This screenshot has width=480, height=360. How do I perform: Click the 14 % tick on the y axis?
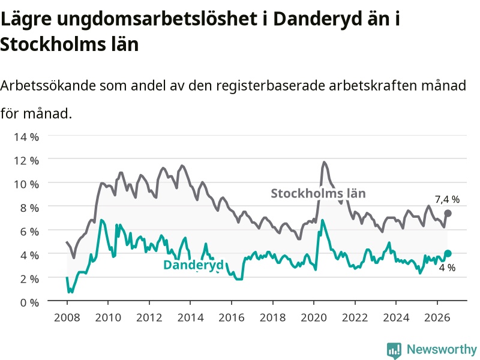(x=26, y=137)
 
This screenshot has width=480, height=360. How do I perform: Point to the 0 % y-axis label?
(x=29, y=303)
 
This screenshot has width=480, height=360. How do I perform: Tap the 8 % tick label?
(x=29, y=208)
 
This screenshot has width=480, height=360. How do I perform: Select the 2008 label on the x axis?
(x=67, y=317)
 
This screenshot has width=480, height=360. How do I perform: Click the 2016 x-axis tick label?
(x=232, y=317)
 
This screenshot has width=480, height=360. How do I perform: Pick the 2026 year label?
(x=437, y=317)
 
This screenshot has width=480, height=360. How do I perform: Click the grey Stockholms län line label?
(x=319, y=193)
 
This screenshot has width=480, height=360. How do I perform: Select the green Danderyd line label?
(x=194, y=265)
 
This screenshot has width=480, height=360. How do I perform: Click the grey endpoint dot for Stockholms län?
(x=448, y=214)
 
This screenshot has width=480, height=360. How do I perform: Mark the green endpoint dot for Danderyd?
(x=448, y=253)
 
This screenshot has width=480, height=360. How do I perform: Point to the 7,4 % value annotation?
(x=447, y=200)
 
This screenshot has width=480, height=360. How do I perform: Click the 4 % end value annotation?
(x=447, y=268)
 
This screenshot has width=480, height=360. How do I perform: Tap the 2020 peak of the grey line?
(x=324, y=162)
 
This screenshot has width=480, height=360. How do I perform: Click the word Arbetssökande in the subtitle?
(x=48, y=85)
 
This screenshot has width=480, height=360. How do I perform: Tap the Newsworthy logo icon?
(x=394, y=350)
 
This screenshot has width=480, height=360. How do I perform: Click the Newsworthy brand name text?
(x=442, y=349)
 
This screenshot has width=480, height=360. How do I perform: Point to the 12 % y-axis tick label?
(x=26, y=161)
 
